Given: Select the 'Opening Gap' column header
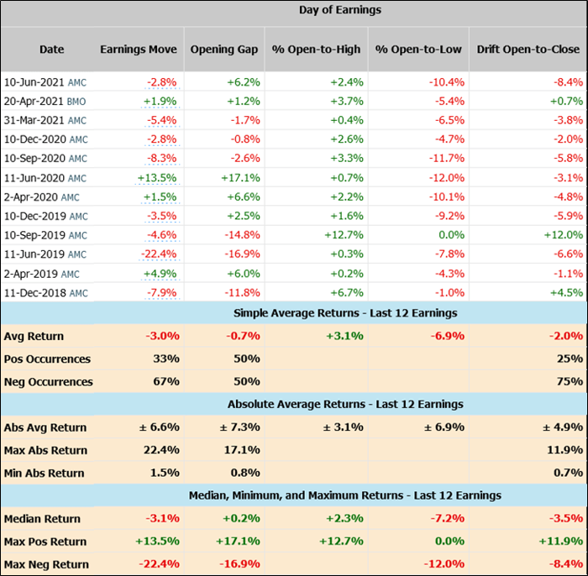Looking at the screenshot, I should (224, 50).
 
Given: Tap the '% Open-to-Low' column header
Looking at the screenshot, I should (417, 50).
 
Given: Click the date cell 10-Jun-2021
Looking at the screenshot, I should (34, 82).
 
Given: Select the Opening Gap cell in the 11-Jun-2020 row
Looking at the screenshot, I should (239, 178).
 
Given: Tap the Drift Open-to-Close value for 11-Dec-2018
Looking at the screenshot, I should (565, 293).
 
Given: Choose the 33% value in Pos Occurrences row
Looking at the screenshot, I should (165, 359).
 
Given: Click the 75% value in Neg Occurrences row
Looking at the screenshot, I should (570, 382).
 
